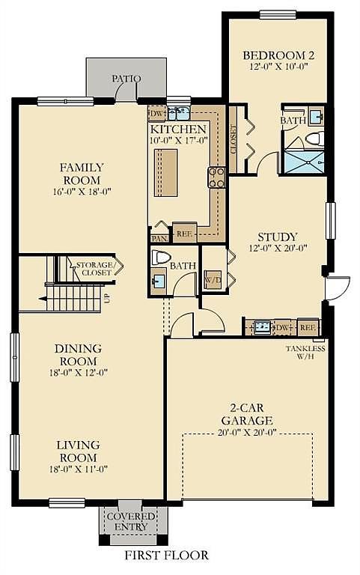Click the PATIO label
pos(126,79)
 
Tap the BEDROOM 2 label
pos(278,55)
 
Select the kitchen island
pos(165,172)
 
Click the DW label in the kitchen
pos(156,114)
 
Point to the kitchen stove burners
pos(216,177)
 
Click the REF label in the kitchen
pos(184,234)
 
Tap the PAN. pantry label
pos(159,238)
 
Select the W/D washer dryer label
pos(213,280)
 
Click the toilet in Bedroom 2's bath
pos(314,139)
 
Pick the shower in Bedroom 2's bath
pos(305,161)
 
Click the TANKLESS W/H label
pos(305,352)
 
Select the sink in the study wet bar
pos(263,326)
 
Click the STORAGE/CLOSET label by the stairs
pos(94,269)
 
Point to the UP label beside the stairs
pos(108,299)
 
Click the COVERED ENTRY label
pos(130,521)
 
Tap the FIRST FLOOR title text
pos(167,555)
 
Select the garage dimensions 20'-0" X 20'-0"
pos(247,433)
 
